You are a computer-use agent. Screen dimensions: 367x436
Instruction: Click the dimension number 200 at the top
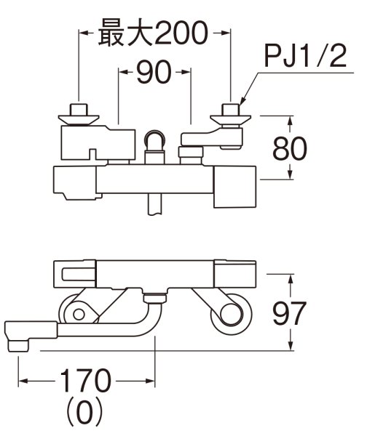[x=181, y=33]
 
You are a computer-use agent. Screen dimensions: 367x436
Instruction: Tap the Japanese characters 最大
[x=125, y=33]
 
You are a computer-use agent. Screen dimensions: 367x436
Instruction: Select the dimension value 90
[x=154, y=72]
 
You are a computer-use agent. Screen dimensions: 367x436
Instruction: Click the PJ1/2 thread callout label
[x=305, y=57]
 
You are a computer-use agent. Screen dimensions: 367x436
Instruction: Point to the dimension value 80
[x=290, y=148]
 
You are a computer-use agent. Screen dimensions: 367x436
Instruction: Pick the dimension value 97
[x=289, y=313]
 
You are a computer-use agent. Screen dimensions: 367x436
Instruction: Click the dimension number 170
[x=85, y=381]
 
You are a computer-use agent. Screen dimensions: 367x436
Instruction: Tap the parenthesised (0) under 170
[x=84, y=413]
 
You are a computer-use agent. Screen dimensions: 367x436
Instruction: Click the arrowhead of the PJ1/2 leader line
[x=241, y=102]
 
